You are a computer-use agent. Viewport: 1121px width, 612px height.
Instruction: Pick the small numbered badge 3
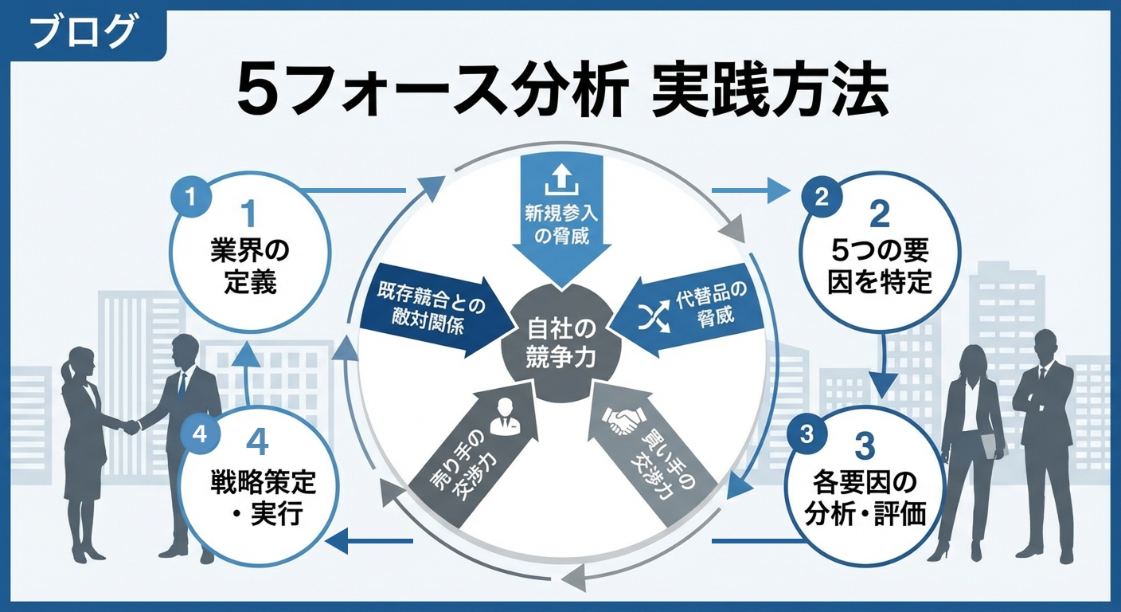coord(807,433)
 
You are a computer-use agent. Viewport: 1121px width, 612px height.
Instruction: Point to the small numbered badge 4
coord(199,434)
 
